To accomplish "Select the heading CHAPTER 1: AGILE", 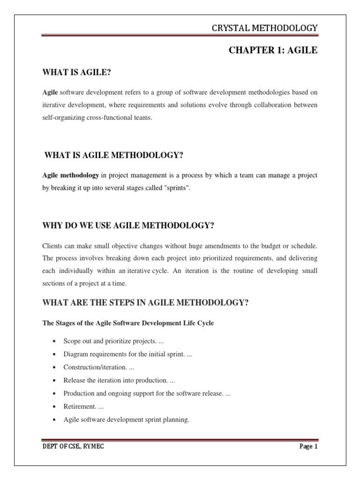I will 273,51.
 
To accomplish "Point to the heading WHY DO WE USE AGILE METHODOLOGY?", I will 128,225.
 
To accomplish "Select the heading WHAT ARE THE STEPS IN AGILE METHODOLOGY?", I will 145,302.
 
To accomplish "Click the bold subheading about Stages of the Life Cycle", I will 128,323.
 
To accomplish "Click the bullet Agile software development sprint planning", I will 126,420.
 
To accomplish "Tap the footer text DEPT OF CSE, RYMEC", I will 73,446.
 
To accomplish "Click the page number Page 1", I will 308,446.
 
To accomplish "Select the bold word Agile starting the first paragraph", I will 50,93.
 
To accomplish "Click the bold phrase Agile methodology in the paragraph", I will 70,175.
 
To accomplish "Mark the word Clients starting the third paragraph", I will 52,246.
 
